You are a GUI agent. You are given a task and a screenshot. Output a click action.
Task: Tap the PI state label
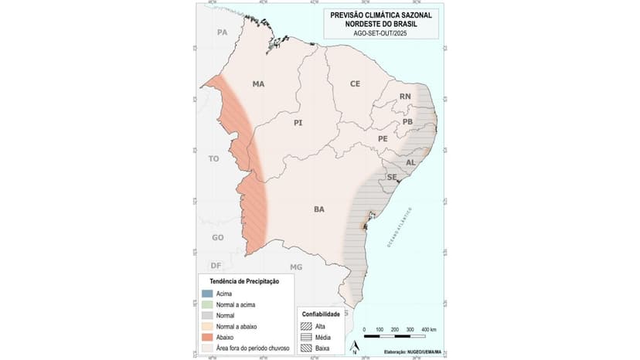[x=298, y=123]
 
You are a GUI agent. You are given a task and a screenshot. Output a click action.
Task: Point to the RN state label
[x=404, y=97]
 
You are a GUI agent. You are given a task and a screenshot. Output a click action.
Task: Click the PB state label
[x=408, y=122]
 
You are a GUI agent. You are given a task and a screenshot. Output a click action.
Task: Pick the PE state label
[x=383, y=138]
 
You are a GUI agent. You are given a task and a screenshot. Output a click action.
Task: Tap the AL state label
[x=410, y=162]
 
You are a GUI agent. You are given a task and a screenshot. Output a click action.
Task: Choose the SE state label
[x=391, y=177]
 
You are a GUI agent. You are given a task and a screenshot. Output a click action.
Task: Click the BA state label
[x=318, y=209]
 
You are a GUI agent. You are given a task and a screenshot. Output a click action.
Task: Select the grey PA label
[x=223, y=32]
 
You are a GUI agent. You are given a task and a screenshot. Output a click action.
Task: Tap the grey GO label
[x=218, y=237]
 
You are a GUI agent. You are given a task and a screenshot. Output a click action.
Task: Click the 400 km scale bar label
[x=429, y=329]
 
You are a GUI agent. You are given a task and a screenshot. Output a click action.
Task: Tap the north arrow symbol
[x=354, y=347]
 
